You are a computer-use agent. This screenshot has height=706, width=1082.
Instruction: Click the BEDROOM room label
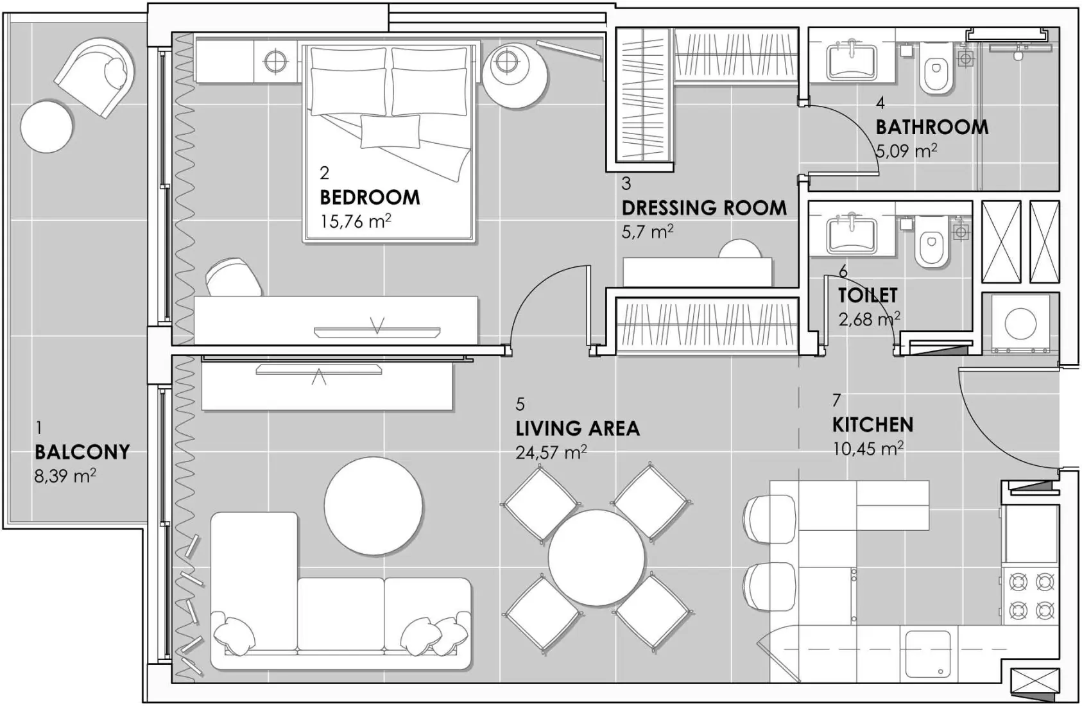pos(370,197)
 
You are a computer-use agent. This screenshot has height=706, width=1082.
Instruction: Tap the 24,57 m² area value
pos(551,452)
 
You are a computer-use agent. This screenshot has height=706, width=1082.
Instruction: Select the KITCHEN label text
pos(872,425)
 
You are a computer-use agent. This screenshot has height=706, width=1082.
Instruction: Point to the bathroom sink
pos(852,60)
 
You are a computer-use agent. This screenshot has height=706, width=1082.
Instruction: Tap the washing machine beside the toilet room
pos(1020,323)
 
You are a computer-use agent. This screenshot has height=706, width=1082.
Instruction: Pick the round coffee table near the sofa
pos(374,506)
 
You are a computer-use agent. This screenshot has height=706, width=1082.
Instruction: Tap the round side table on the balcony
pos(46,126)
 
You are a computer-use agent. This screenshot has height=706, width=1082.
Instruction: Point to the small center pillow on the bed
pos(390,131)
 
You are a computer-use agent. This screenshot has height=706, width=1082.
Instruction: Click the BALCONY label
pos(82,452)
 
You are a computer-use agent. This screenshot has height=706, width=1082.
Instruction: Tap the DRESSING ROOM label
pos(704,208)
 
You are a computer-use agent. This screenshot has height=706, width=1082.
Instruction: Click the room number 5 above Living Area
pos(520,404)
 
